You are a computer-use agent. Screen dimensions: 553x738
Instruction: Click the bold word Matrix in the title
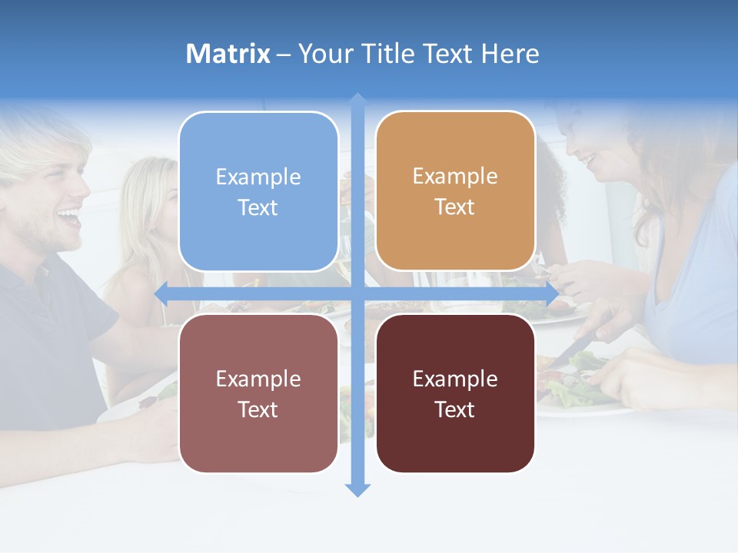(228, 54)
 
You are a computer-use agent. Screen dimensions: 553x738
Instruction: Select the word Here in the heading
(510, 54)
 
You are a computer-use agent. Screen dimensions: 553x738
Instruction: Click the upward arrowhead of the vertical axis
(357, 100)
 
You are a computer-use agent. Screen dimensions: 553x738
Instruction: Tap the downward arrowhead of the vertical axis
(357, 489)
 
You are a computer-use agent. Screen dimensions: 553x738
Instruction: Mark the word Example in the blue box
(258, 177)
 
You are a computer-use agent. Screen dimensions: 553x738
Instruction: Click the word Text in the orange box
(455, 207)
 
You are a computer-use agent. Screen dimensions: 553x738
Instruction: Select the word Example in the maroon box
(455, 379)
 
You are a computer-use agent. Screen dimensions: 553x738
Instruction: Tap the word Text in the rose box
(258, 409)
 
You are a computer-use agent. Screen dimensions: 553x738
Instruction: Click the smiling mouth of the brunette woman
(588, 160)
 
